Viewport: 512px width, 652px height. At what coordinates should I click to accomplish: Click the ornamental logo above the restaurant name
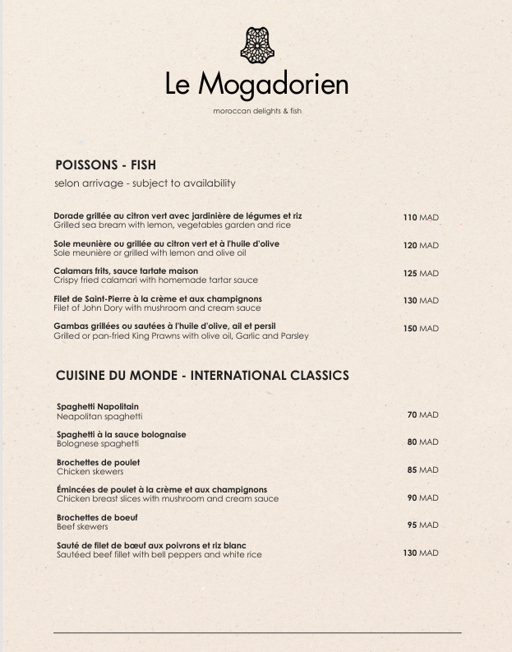[256, 45]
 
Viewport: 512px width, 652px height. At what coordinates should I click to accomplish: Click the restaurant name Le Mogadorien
[256, 85]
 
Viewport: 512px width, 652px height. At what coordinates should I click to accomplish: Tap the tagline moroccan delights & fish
[256, 111]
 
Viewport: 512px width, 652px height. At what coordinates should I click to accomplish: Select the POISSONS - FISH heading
[105, 165]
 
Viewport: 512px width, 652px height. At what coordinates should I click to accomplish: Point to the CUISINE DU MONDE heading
[202, 376]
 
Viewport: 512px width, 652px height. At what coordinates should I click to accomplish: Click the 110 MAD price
[420, 218]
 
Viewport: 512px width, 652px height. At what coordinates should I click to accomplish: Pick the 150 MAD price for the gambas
[420, 329]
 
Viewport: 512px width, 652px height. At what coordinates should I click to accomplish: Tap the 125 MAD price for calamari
[420, 273]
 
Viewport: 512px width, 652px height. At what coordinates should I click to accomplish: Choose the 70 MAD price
[422, 415]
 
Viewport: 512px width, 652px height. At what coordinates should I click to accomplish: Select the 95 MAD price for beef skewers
[422, 525]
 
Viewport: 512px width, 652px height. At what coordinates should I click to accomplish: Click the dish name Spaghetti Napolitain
[98, 406]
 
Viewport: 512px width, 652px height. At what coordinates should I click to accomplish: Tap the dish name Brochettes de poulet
[99, 462]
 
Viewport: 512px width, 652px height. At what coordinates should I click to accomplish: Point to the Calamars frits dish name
[126, 271]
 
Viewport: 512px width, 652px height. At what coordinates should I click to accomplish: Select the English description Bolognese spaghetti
[98, 444]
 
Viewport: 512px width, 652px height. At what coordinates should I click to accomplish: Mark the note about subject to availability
[145, 183]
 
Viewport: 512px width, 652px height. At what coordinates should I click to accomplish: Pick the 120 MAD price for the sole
[420, 246]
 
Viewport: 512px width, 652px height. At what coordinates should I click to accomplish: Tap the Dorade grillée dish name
[178, 215]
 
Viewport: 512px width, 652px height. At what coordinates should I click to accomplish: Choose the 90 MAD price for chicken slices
[422, 497]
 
